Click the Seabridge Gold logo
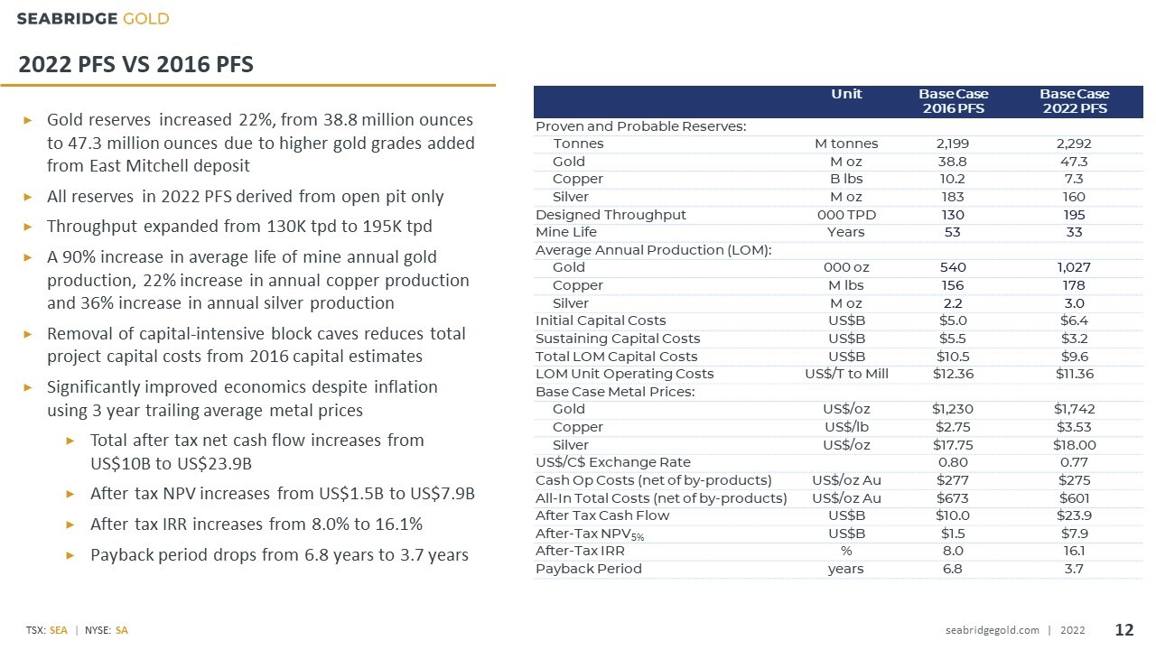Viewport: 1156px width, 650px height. click(x=93, y=19)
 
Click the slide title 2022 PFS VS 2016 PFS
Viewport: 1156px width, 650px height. click(x=135, y=64)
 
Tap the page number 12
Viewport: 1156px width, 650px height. click(x=1124, y=630)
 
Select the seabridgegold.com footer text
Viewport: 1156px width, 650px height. click(x=992, y=630)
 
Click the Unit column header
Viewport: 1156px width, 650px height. click(x=846, y=94)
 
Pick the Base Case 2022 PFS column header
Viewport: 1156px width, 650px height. click(x=1075, y=101)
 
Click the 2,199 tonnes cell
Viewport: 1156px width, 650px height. click(x=953, y=144)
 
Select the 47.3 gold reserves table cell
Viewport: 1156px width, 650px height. click(x=1074, y=162)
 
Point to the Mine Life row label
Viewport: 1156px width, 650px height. click(x=566, y=232)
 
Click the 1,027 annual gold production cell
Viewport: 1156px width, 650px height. click(x=1074, y=267)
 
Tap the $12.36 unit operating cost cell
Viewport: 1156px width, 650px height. click(x=953, y=374)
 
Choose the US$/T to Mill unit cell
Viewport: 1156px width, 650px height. click(x=846, y=374)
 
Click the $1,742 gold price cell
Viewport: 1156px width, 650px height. click(x=1074, y=409)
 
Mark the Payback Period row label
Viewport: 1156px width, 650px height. click(x=589, y=569)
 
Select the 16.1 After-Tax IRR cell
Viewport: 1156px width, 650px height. click(x=1074, y=551)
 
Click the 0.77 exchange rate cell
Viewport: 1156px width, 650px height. click(x=1074, y=462)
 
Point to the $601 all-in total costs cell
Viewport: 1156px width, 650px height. click(x=1074, y=497)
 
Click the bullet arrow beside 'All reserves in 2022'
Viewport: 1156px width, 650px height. click(x=28, y=197)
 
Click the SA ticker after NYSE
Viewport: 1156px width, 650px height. click(x=122, y=630)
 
